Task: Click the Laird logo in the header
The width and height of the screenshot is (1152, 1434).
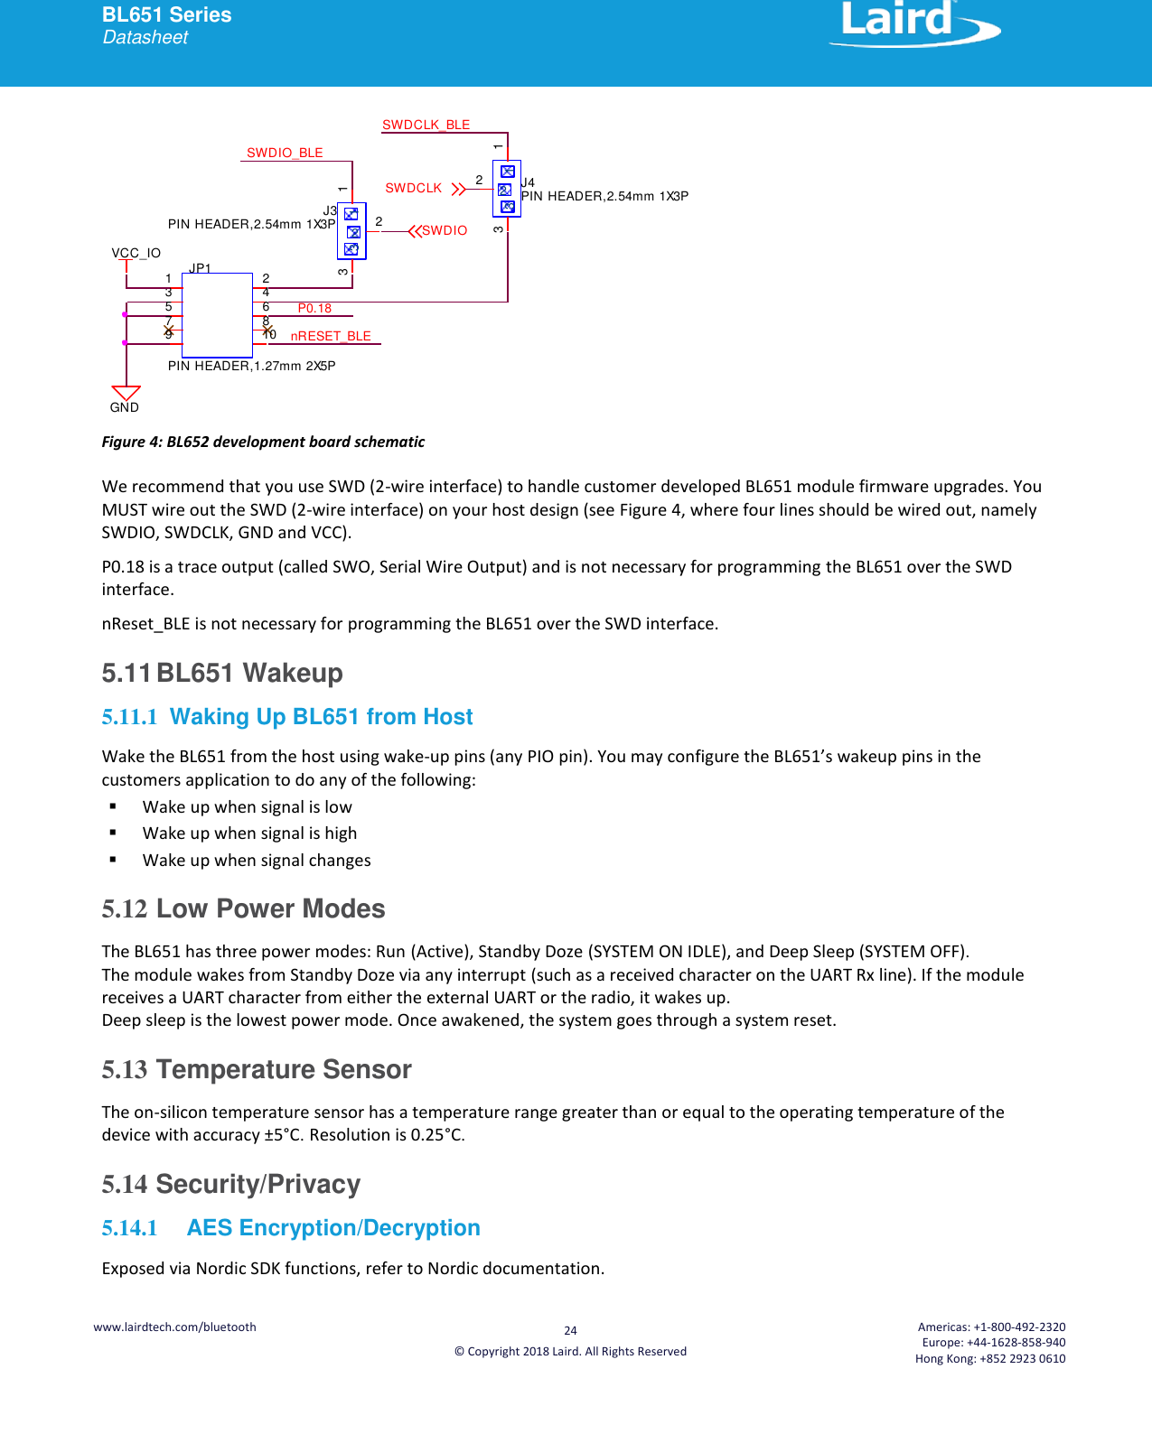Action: coord(913,23)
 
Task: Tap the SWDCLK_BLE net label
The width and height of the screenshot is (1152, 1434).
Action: coord(426,125)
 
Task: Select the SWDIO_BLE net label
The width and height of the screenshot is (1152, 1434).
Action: coord(285,153)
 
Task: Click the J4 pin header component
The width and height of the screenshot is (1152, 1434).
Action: coord(507,189)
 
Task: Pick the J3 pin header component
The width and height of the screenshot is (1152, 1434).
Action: coord(351,231)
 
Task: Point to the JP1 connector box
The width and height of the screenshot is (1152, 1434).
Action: coord(217,315)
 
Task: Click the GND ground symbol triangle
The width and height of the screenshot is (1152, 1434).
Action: coord(126,393)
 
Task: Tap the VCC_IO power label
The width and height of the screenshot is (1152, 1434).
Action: coord(136,253)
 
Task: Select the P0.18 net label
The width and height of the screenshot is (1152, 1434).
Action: coord(314,308)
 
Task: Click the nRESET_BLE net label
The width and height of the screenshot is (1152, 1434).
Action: coord(331,336)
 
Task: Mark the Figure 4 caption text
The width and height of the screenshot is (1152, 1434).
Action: coord(263,442)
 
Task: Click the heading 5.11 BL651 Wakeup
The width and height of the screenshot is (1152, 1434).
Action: coord(222,673)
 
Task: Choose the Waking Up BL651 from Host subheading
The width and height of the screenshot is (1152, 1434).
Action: coord(321,717)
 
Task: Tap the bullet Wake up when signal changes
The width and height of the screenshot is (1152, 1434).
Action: coord(257,861)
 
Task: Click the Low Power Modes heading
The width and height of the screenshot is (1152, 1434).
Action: coord(270,908)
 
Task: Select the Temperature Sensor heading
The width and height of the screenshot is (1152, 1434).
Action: coord(283,1069)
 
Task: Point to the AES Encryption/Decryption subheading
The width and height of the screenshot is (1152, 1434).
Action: coord(332,1228)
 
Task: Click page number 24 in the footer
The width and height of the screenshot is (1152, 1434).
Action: coord(570,1330)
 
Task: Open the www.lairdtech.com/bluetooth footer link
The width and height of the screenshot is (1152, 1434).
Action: coord(174,1327)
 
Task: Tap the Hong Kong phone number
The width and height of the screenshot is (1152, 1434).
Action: coord(990,1358)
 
